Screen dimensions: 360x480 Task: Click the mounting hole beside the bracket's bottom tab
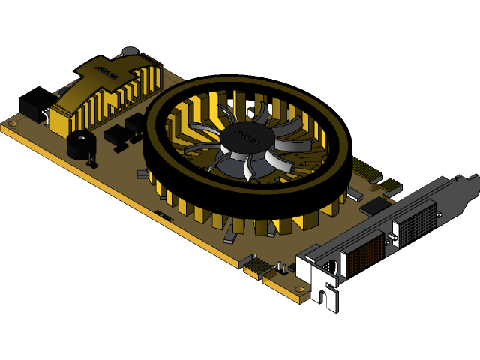point(299,288)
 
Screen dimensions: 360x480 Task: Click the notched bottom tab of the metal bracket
point(324,292)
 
